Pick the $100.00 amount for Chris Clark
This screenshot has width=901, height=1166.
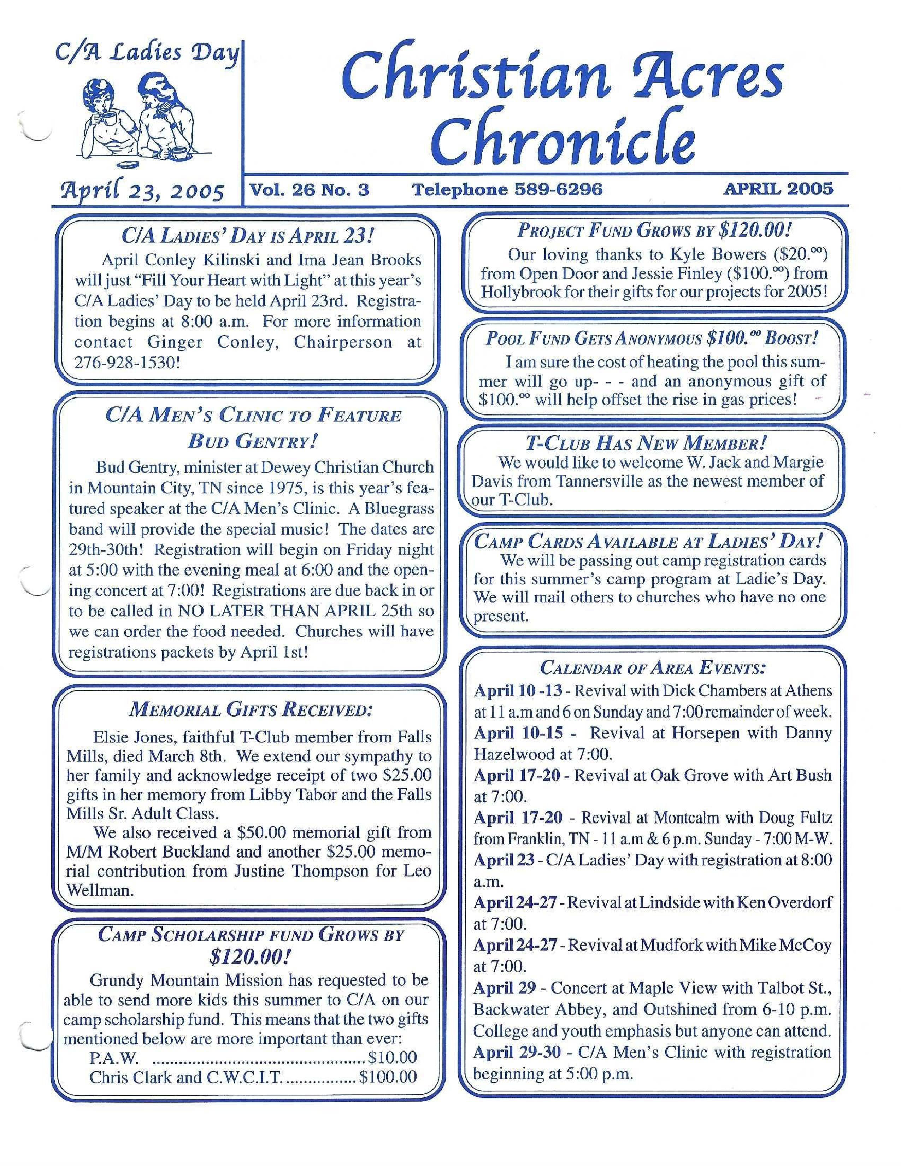[x=388, y=1077]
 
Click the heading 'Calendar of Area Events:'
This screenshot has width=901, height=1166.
[x=653, y=667]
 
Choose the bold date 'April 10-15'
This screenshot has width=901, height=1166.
[x=518, y=732]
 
